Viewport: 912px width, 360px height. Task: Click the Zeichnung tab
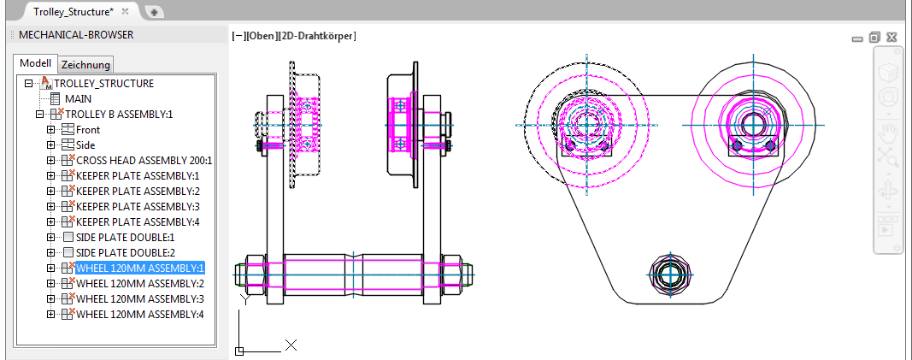click(x=86, y=65)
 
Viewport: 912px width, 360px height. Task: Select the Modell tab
click(x=36, y=64)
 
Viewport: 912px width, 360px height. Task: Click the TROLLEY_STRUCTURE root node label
click(x=103, y=84)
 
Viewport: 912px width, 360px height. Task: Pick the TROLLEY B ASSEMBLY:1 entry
click(x=118, y=115)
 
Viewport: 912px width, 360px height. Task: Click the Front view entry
click(x=88, y=130)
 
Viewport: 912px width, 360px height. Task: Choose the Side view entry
click(x=85, y=145)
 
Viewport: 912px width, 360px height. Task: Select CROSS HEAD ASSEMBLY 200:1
click(x=144, y=161)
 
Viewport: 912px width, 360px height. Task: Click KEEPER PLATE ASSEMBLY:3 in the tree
click(x=137, y=207)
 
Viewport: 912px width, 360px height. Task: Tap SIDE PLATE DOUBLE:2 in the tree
click(x=125, y=253)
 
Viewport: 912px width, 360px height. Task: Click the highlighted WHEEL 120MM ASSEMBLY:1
click(x=139, y=269)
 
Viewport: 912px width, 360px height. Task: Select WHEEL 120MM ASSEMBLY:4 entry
click(x=139, y=315)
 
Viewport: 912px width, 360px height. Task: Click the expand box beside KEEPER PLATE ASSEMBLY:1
click(x=50, y=176)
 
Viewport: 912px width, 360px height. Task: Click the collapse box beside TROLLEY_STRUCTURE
click(x=28, y=84)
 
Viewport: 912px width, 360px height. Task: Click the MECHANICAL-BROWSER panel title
click(x=76, y=35)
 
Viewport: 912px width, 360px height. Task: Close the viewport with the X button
click(x=891, y=38)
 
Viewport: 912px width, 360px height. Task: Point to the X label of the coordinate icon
click(x=291, y=345)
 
